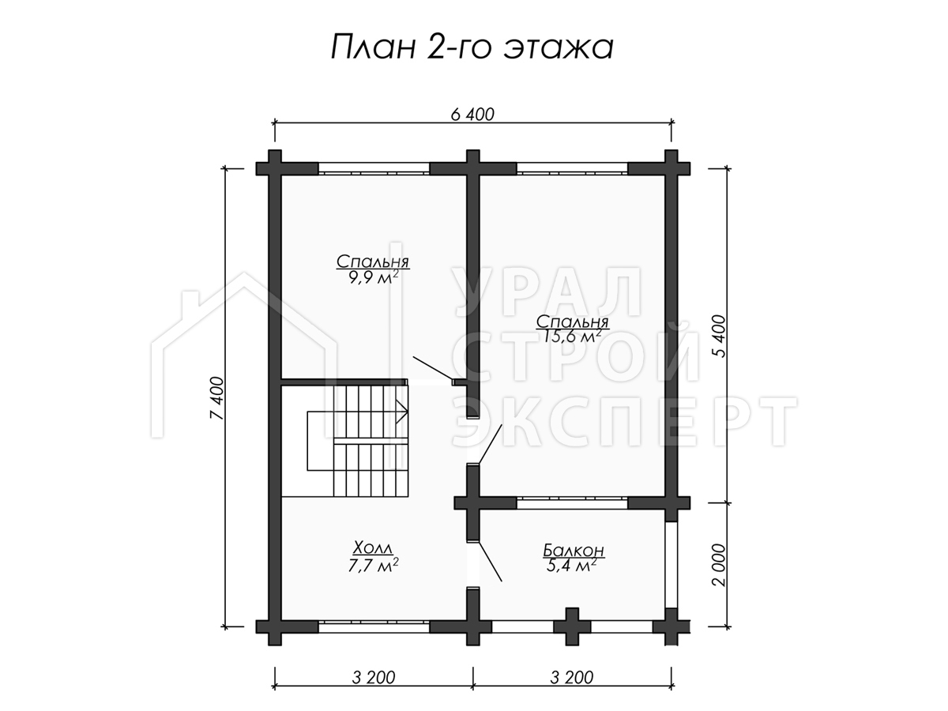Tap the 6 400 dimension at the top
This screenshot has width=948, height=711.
[472, 115]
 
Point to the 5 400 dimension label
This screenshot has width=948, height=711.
[720, 337]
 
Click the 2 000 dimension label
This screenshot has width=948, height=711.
[720, 565]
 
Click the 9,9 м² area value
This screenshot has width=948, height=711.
[373, 277]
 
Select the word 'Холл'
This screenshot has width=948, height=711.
[373, 548]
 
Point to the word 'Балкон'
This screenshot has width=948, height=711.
[574, 551]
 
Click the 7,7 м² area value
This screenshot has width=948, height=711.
[373, 565]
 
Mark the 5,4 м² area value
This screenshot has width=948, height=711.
[572, 566]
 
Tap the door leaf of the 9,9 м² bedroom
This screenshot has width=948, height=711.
[433, 368]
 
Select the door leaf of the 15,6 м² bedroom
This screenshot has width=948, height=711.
[491, 444]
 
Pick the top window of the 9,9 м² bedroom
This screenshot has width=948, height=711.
[374, 168]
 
